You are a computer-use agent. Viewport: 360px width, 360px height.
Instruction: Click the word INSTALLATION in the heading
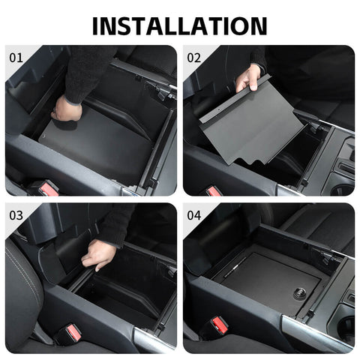179,24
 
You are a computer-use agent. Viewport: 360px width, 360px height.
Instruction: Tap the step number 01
16,57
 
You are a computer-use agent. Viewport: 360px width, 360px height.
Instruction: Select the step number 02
194,57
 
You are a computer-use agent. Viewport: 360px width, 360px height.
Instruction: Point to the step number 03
16,215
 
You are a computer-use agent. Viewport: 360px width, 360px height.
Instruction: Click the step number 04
194,215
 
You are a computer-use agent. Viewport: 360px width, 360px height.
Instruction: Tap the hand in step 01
67,109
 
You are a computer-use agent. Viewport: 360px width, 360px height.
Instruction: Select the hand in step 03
98,255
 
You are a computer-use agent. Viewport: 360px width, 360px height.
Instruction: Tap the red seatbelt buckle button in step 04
220,324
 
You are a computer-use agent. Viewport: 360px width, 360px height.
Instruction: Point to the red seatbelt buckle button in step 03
73,331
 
